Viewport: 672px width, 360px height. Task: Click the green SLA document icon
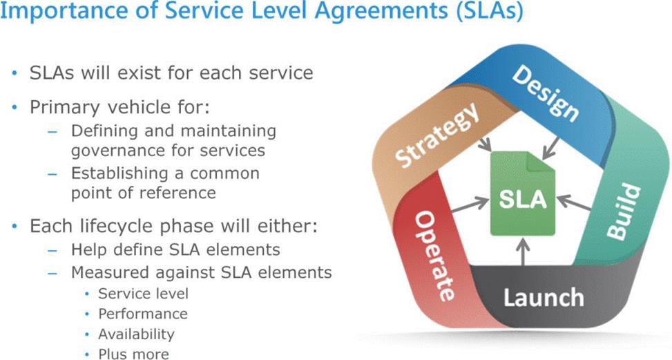pos(524,198)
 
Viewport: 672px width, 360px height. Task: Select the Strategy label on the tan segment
pos(438,135)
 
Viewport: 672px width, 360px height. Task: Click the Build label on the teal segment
pos(624,211)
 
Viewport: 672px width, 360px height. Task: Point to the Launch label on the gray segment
pos(543,298)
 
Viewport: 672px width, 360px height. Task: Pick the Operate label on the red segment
pos(434,255)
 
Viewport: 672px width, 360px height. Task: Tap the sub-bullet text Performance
pos(142,314)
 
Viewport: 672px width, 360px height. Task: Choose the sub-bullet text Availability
pos(136,334)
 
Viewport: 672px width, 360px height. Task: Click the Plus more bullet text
pos(133,354)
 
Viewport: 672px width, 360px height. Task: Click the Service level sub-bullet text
pos(143,293)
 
